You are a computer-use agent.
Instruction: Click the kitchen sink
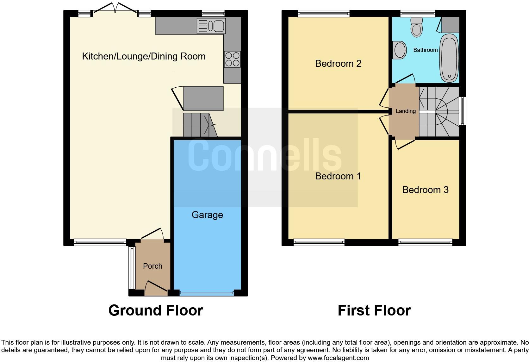[211, 26]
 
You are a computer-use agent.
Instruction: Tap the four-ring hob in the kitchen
[232, 59]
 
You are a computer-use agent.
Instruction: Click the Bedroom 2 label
[338, 64]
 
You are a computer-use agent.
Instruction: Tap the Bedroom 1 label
[338, 176]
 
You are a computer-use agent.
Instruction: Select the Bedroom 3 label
[425, 190]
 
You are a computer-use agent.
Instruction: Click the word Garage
[207, 215]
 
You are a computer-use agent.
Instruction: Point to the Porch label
[152, 266]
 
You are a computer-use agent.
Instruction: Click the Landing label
[405, 111]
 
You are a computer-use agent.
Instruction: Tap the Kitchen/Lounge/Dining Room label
[144, 56]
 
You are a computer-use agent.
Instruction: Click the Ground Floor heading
[155, 310]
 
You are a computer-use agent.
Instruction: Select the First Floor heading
[374, 310]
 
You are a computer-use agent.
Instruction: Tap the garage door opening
[207, 294]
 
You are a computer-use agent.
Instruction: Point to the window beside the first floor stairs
[462, 111]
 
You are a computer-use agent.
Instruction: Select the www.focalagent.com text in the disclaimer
[338, 358]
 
